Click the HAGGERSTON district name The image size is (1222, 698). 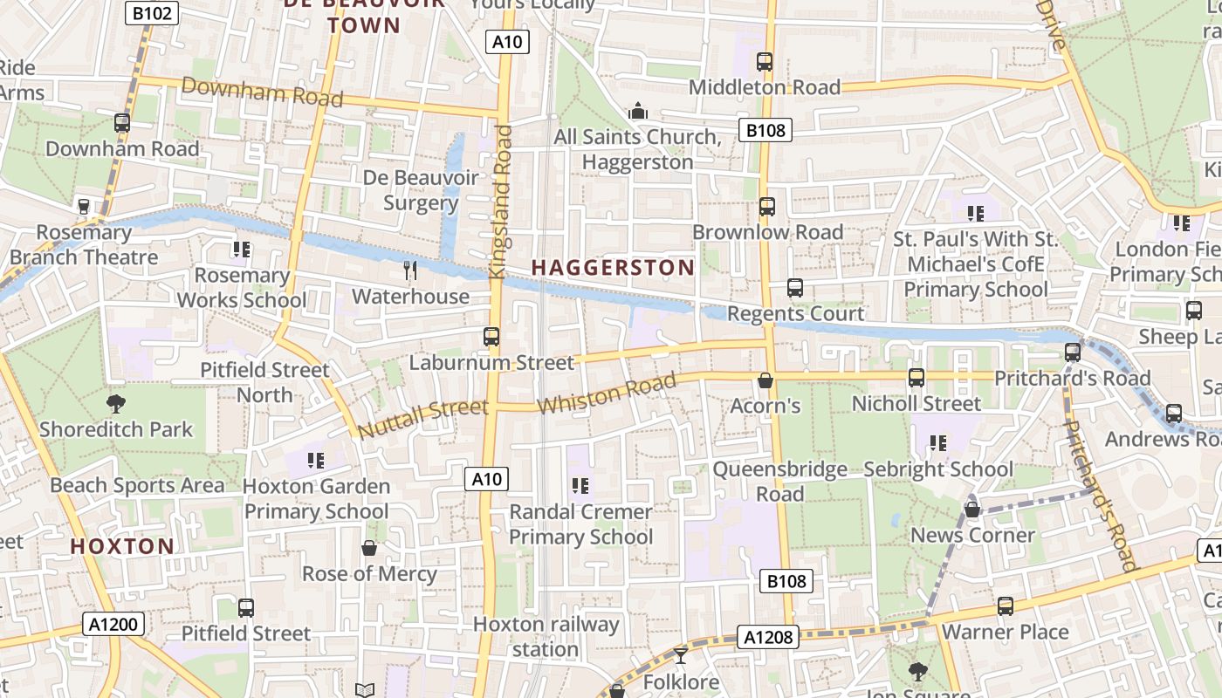coord(613,267)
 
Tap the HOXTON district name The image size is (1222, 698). coord(122,547)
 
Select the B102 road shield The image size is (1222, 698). coord(153,13)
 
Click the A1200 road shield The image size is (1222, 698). coord(114,624)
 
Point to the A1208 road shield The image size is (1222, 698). coord(768,638)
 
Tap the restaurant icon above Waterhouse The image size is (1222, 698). coord(410,270)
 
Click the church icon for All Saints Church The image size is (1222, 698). coord(638,112)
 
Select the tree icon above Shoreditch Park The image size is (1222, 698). coord(115,403)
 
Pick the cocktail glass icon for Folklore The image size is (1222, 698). coord(681,655)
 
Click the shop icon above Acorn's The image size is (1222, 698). coord(765,380)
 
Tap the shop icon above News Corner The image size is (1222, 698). coord(972,509)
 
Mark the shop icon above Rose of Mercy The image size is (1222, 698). coord(369,548)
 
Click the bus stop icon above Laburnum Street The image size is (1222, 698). coord(491,337)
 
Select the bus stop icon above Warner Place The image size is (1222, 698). coord(1006,606)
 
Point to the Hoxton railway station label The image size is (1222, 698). coord(546,637)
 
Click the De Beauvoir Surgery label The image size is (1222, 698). coord(421,190)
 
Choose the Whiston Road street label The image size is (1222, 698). coord(607,394)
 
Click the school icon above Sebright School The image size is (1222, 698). coord(938,443)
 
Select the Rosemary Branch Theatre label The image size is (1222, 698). coord(84,245)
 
